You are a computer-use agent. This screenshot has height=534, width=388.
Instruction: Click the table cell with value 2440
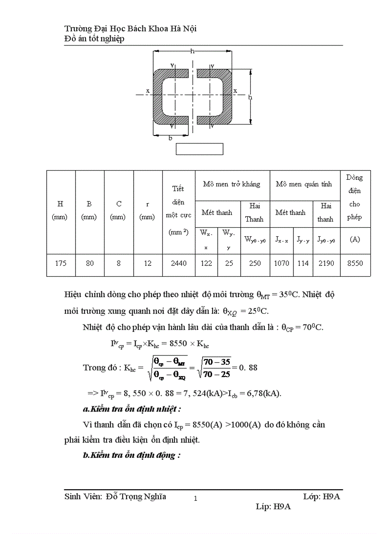pos(179,263)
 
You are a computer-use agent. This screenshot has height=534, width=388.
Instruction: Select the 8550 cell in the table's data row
pos(355,263)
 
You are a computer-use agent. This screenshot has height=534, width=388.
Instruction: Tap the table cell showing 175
pos(60,263)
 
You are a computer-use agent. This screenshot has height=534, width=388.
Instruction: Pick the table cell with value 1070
pos(281,263)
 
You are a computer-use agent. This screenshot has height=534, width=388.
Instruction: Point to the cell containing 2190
pos(326,263)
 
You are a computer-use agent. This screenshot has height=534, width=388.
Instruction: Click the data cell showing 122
pos(206,263)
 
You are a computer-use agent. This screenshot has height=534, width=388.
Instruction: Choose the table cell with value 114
pos(303,263)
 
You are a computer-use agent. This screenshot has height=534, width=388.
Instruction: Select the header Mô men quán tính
pos(304,184)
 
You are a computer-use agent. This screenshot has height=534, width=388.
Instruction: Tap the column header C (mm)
pos(119,210)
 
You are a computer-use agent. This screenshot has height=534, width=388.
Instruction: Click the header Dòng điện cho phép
pos(355,197)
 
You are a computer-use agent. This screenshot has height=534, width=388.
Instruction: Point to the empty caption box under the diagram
pos(199,148)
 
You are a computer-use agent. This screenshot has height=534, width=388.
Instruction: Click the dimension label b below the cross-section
pos(170,138)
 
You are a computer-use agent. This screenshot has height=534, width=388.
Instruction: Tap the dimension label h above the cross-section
pos(192,51)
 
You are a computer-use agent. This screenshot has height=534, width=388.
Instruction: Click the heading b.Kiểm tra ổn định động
pos(132,455)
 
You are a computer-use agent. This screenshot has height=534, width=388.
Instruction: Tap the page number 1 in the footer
pos(195,498)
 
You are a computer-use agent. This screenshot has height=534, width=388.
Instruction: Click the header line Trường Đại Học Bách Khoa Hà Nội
pos(130,29)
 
